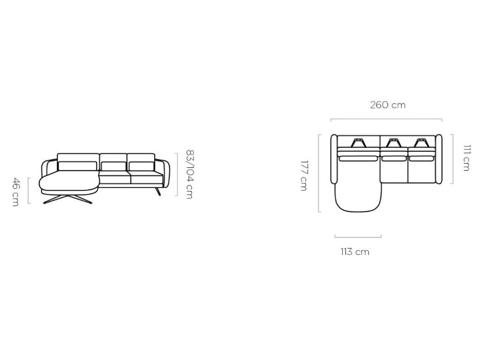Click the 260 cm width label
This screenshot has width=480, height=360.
point(388,105)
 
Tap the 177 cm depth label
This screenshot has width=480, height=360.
point(303,175)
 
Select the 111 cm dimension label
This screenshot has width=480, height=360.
point(466,157)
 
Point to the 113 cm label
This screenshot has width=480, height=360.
point(355,252)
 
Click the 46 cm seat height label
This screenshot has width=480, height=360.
point(15,192)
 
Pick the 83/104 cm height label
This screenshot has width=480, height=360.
point(190,174)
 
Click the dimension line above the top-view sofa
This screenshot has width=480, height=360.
point(386,120)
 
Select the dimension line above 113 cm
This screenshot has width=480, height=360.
point(358,237)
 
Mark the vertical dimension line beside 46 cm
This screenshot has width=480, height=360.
point(29,190)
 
